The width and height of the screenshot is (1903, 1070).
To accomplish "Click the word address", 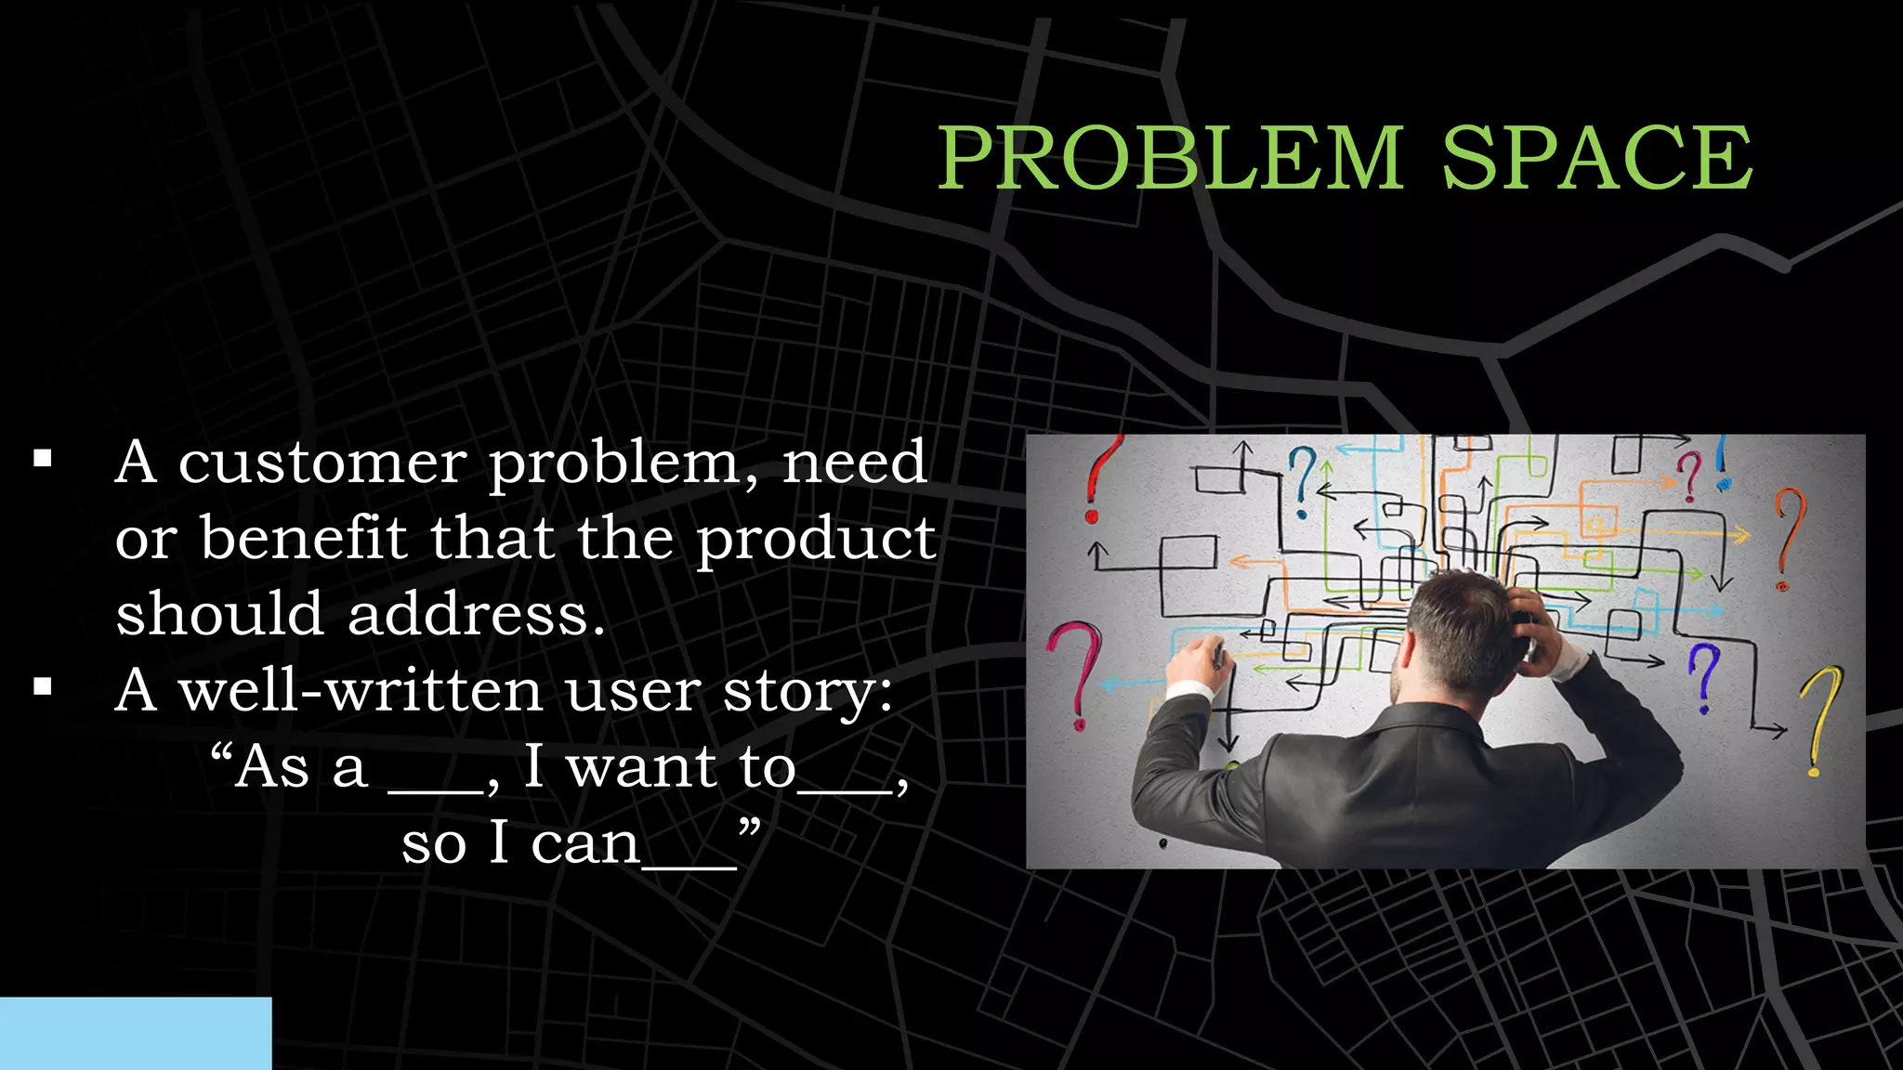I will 476,615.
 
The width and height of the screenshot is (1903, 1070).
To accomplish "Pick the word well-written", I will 361,691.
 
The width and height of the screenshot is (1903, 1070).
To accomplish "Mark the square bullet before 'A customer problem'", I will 43,458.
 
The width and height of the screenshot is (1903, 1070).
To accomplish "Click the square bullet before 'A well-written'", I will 43,687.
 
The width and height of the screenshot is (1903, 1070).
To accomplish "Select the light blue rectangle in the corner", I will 136,1033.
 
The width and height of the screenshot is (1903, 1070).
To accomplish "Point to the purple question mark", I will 1703,676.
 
